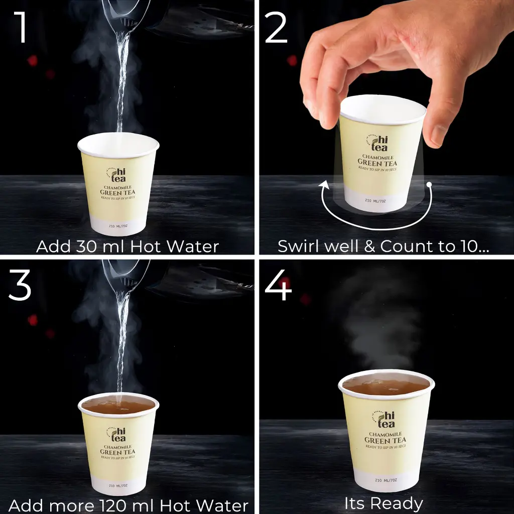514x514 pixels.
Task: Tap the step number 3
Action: (x=20, y=285)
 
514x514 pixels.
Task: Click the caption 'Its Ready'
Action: (x=383, y=503)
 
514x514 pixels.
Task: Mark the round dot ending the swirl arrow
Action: (x=429, y=185)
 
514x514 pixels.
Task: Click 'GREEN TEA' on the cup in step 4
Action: (x=385, y=441)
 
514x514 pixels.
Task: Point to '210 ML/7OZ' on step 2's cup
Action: (x=376, y=200)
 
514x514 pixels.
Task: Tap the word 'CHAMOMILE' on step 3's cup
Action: (x=117, y=447)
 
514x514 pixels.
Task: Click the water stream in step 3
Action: (x=121, y=341)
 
